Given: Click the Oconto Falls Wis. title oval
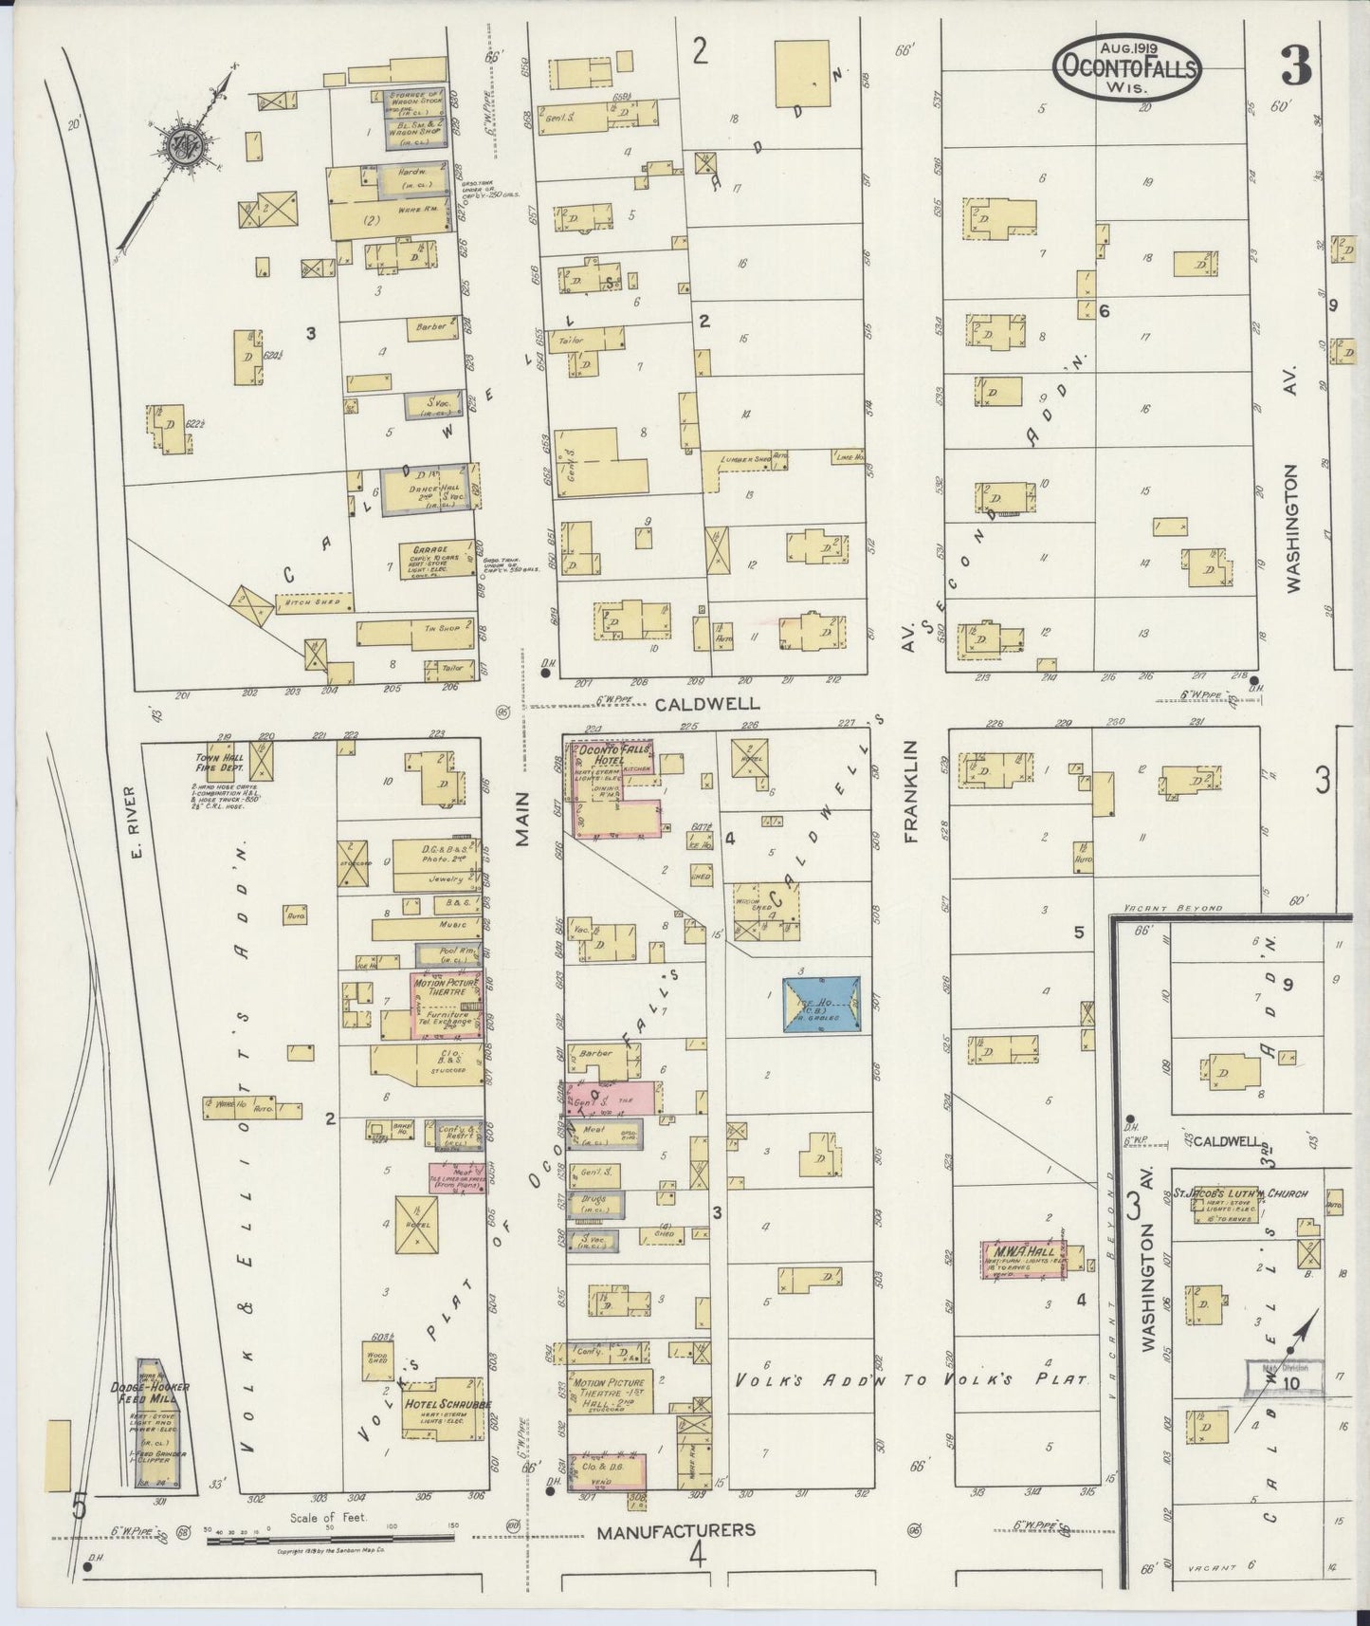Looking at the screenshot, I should pos(1126,66).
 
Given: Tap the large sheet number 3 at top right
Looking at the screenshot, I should pos(1296,65).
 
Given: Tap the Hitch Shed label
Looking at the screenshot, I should pos(300,601).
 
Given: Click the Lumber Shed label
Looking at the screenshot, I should pos(742,458).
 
